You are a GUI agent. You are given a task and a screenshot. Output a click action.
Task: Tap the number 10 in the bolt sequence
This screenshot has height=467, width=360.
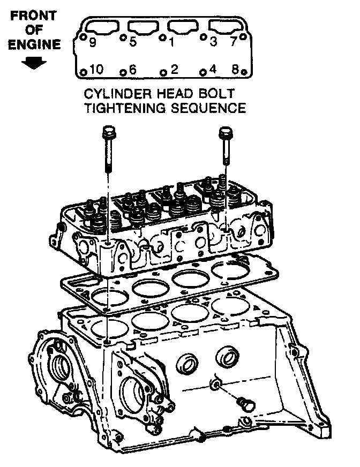96,69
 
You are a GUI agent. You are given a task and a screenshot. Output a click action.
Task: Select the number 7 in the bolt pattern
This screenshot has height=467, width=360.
233,42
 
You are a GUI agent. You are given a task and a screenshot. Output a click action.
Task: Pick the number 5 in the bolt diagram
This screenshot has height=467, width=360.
133,42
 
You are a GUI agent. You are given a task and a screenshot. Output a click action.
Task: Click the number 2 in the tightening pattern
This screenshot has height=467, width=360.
174,69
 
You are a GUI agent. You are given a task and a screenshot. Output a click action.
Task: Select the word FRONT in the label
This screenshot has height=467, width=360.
34,16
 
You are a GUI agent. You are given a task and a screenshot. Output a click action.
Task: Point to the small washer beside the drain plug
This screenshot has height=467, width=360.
215,383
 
